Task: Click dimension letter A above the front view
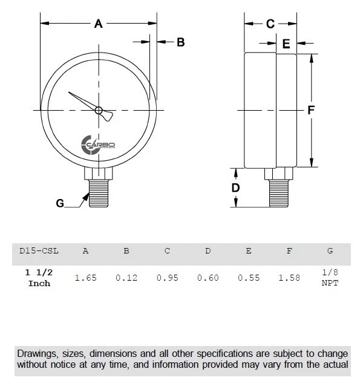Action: (99, 24)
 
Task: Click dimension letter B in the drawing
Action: (180, 42)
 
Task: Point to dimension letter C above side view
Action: (270, 24)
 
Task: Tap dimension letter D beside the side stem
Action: (236, 188)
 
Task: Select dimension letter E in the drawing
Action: (286, 44)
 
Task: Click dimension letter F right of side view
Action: (310, 110)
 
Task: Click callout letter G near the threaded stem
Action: (60, 203)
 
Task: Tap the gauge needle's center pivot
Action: (99, 110)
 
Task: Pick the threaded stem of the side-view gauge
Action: (279, 192)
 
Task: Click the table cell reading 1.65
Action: (85, 278)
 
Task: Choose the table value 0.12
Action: (126, 278)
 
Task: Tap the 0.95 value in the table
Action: (167, 278)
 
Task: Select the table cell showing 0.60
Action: (208, 278)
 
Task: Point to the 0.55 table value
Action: (248, 278)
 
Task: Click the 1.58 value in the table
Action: (289, 278)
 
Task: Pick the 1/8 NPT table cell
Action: (330, 278)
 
